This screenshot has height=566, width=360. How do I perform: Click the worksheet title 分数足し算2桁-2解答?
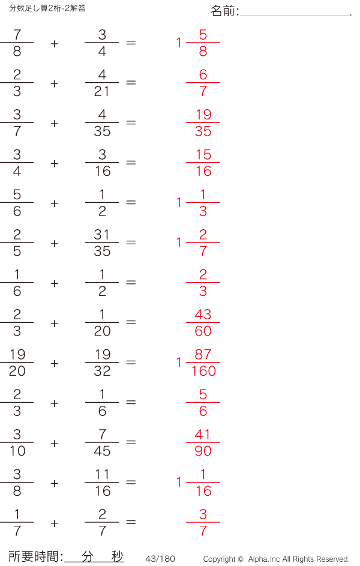coord(47,8)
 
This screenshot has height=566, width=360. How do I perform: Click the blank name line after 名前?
coord(296,16)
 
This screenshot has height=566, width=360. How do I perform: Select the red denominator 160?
coord(203,371)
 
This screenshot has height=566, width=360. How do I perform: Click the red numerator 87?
coord(203,355)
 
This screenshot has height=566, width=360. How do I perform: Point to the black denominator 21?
coord(102,91)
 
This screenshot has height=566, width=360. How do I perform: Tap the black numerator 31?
coord(102,235)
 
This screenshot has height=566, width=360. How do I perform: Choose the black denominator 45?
coord(102,451)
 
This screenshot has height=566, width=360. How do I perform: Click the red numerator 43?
coord(203,315)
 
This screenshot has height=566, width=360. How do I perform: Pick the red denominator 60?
coord(203,331)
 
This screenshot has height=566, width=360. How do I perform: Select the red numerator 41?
coord(202,434)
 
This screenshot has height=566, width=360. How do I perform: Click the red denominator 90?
coord(203,451)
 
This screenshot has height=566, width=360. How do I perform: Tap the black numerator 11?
coord(102,474)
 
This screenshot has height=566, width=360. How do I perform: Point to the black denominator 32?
coord(102,371)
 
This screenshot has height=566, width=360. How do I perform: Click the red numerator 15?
coord(203,154)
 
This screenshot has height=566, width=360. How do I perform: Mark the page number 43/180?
coord(160,559)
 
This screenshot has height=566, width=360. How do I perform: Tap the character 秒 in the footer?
coord(117,556)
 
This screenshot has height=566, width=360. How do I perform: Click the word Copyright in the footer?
coord(220,559)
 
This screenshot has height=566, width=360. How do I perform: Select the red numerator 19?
coord(203,115)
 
